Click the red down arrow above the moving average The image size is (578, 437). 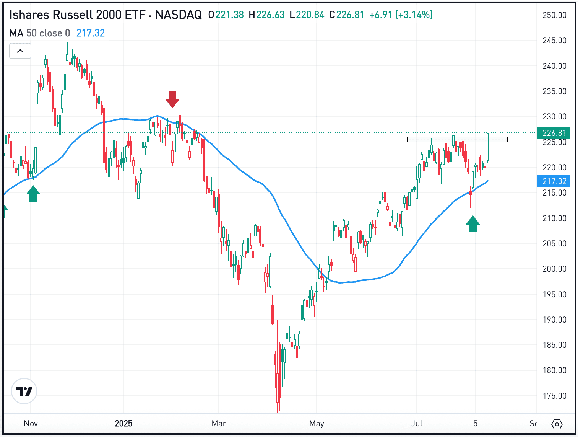pyautogui.click(x=172, y=99)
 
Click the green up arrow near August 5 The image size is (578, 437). pyautogui.click(x=473, y=224)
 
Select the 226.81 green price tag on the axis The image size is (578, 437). pyautogui.click(x=554, y=133)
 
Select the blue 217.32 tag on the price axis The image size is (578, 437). pyautogui.click(x=554, y=181)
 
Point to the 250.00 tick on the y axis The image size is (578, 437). pyautogui.click(x=554, y=15)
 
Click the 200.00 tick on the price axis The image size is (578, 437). pyautogui.click(x=554, y=269)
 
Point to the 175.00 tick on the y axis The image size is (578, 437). pyautogui.click(x=554, y=396)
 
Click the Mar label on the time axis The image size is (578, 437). pyautogui.click(x=219, y=424)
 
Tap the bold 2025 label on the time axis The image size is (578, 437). pyautogui.click(x=123, y=424)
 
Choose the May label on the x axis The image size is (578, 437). pyautogui.click(x=317, y=424)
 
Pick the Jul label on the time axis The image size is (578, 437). pyautogui.click(x=417, y=424)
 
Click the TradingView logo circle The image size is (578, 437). pyautogui.click(x=24, y=391)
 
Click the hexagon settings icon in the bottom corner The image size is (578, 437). pyautogui.click(x=557, y=424)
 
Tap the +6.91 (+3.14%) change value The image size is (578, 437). pyautogui.click(x=401, y=15)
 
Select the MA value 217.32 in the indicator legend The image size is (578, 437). pyautogui.click(x=91, y=33)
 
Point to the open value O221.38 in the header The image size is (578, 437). pyautogui.click(x=226, y=15)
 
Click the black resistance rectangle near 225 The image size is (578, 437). pyautogui.click(x=457, y=140)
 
